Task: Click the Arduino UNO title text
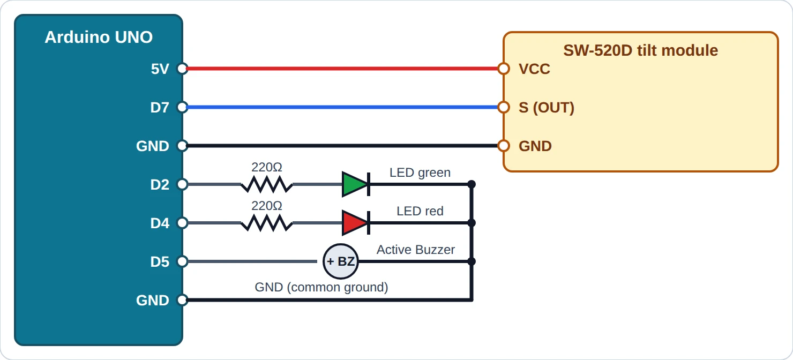point(99,37)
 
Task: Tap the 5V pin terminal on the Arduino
point(182,69)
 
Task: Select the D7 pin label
point(160,107)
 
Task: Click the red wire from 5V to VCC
point(343,69)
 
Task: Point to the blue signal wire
point(343,107)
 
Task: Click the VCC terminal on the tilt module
point(504,69)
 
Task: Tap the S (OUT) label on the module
point(546,108)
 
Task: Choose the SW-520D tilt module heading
point(640,50)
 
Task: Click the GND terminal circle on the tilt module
point(504,146)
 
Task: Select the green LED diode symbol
point(356,184)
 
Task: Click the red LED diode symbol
point(356,223)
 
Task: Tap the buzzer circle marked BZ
point(341,261)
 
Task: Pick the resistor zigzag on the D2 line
point(267,184)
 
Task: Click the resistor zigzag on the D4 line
point(267,223)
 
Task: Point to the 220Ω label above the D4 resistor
point(267,206)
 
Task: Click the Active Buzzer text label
point(416,250)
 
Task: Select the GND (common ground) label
point(321,287)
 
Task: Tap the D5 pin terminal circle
point(182,261)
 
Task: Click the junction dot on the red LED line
point(472,223)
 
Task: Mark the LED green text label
point(420,172)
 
